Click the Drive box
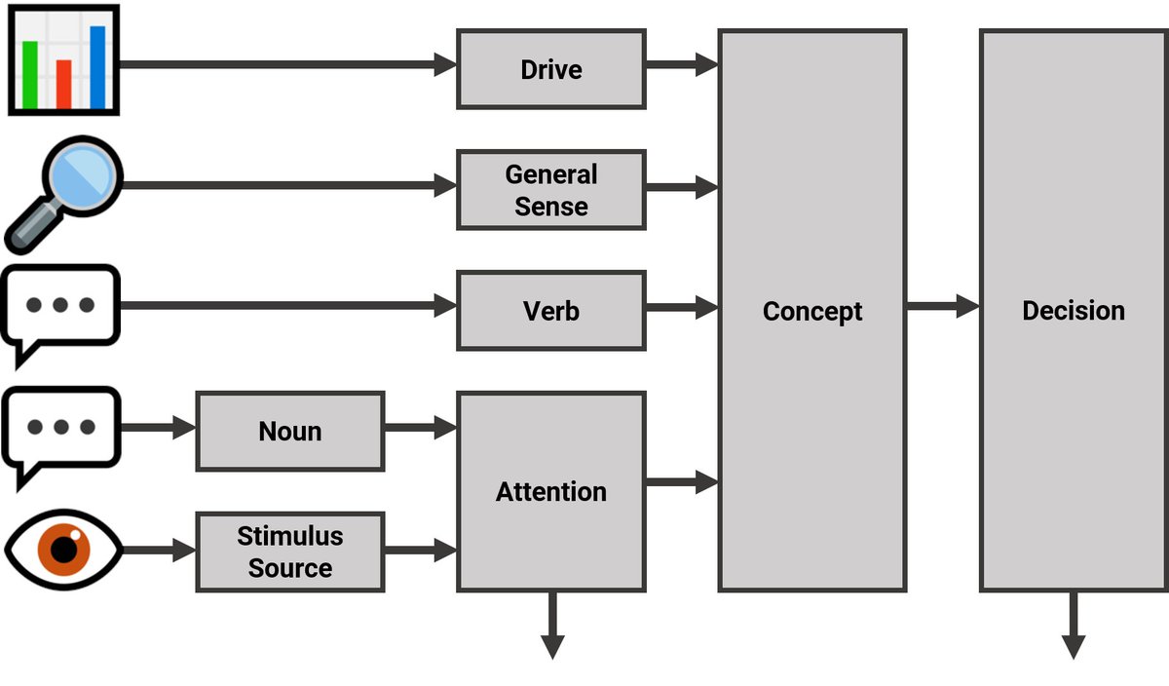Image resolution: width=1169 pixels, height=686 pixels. [550, 69]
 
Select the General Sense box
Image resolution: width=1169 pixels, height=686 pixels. [550, 190]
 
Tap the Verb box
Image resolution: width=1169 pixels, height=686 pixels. [550, 311]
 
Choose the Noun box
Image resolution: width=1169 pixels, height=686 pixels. [289, 431]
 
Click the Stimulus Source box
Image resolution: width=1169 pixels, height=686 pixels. [289, 552]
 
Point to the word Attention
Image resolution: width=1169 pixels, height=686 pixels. [550, 492]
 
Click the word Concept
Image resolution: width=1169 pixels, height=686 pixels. [811, 311]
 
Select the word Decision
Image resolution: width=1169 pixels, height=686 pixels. [1073, 311]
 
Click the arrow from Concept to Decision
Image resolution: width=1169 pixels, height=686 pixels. [942, 307]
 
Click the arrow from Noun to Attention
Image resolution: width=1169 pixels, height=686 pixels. [420, 427]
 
